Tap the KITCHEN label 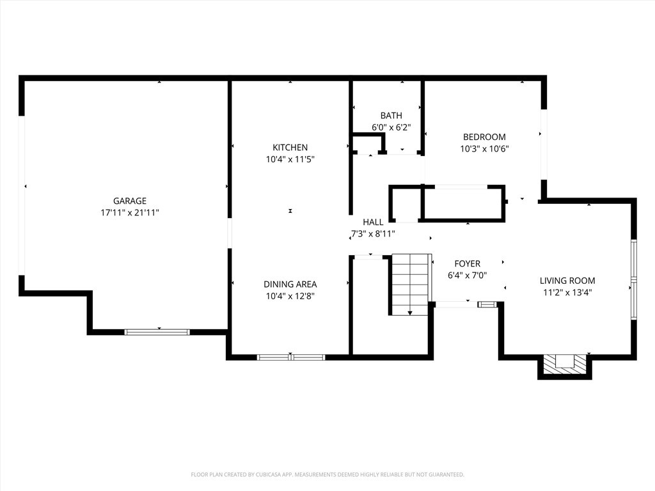point(290,148)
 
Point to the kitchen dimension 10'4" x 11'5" point(290,159)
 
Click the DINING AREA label point(290,284)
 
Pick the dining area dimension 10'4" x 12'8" point(290,296)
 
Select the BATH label point(391,116)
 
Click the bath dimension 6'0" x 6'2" point(391,127)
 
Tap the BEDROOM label point(484,137)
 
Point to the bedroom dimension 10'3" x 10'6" point(484,148)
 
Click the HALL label point(373,222)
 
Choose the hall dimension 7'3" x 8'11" point(373,234)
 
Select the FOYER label point(467,264)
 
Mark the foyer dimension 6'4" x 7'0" point(467,276)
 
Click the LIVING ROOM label point(567,281)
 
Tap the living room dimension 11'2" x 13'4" point(567,293)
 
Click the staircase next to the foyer point(409,283)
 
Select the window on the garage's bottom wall point(157,332)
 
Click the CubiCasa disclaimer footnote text point(327,474)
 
